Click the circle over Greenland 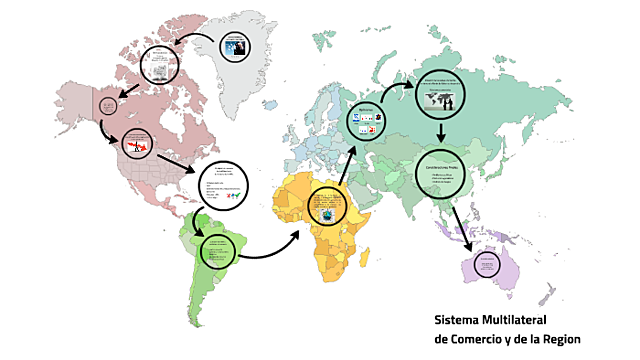235,46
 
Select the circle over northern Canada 160,64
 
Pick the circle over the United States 136,145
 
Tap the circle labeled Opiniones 366,124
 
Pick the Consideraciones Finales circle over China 443,174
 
